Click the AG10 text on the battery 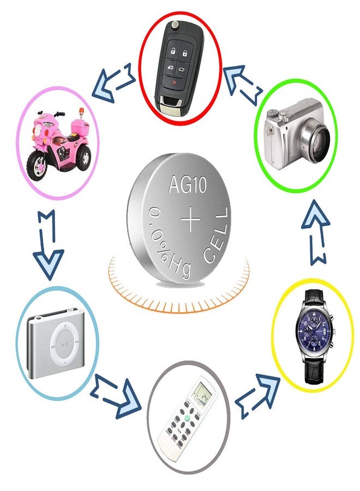click(187, 184)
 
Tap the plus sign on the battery click(190, 219)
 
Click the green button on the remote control click(187, 417)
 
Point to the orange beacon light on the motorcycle click(81, 111)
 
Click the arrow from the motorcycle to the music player click(48, 244)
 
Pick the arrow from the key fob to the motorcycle click(113, 82)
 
